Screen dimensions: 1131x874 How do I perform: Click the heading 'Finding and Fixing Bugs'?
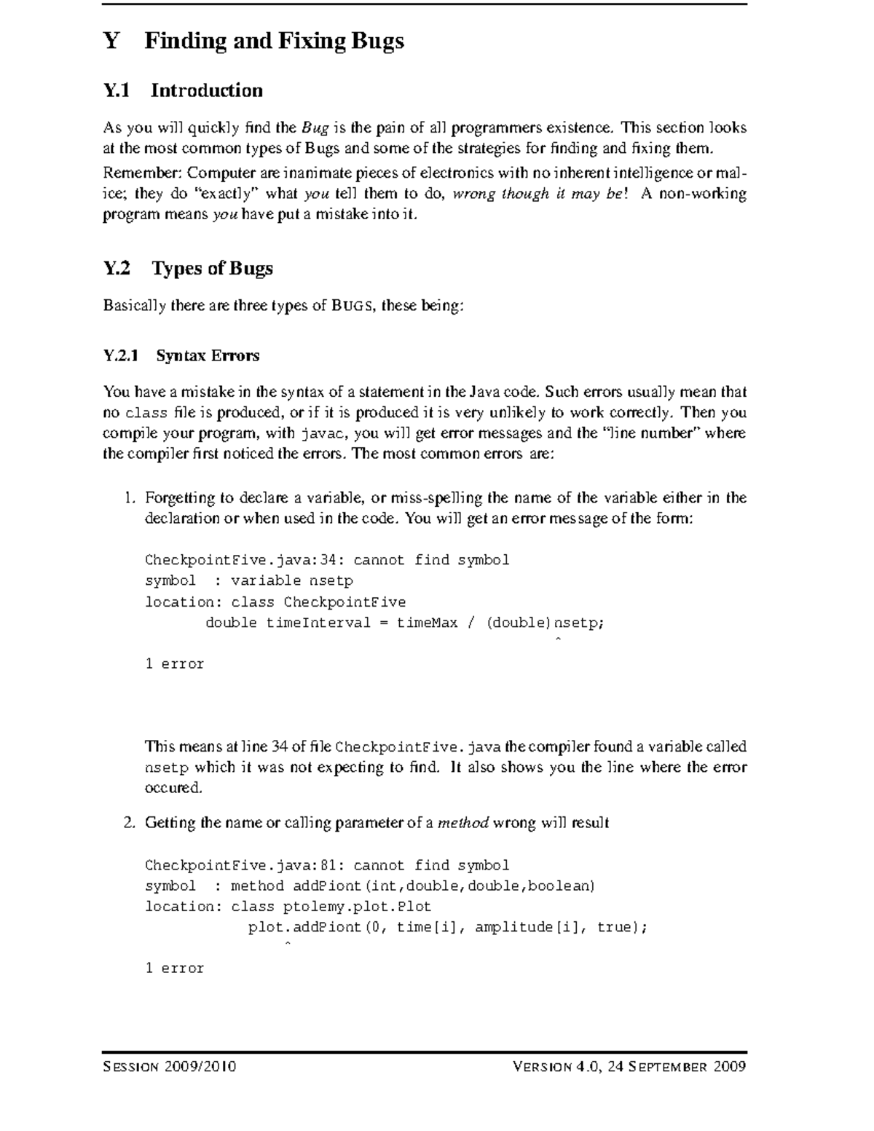(274, 41)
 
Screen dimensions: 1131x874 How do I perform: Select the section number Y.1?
(117, 91)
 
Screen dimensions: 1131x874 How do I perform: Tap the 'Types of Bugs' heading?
(212, 269)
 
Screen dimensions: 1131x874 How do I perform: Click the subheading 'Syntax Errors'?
(208, 356)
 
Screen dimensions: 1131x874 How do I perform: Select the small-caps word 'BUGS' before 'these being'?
(353, 306)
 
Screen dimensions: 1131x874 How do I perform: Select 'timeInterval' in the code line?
(318, 623)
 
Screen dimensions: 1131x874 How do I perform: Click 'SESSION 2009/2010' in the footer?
(170, 1068)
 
